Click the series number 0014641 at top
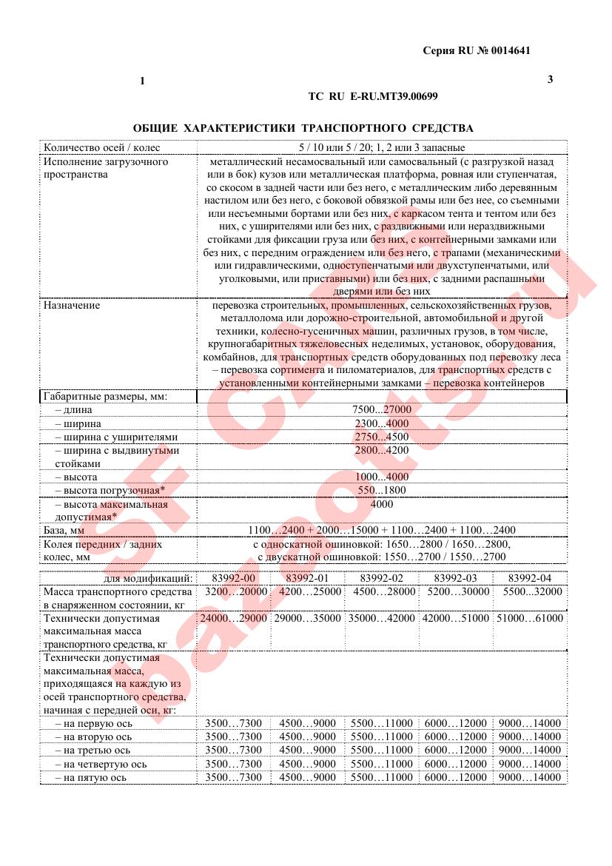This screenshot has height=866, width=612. pos(508,50)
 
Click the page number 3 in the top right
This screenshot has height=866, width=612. pos(550,79)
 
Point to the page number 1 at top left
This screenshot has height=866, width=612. pos(141,81)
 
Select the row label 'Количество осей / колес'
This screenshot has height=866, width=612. pos(101,147)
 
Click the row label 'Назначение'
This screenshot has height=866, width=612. pos(72,305)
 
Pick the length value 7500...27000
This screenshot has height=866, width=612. pos(382,410)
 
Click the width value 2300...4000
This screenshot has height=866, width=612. pos(382,423)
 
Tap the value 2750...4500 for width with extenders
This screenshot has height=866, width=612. pos(382,437)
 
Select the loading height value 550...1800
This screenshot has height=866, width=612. pos(382,490)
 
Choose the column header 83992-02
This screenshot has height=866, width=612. pos(381,577)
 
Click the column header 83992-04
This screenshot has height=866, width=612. pos(529,577)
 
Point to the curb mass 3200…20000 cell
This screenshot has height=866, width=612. pos(234,591)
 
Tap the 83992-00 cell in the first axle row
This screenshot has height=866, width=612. pos(234,723)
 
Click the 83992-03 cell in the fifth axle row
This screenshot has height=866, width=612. pos(456,777)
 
